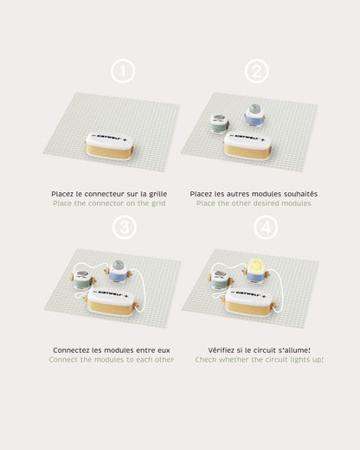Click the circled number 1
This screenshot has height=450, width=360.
coord(123,71)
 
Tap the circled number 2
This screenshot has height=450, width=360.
coord(257,71)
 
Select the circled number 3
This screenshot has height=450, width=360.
coord(124,228)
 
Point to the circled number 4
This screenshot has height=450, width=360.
coord(266,228)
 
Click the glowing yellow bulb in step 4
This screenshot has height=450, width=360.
coord(255,264)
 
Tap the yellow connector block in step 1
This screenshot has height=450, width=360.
coord(110,145)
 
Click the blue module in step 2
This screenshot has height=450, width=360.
coord(254,115)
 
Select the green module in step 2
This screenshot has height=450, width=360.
coord(220,123)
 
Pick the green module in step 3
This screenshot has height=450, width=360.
coord(83,280)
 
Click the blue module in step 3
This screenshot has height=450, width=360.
coord(118,272)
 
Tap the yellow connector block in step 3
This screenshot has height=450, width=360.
coord(112,303)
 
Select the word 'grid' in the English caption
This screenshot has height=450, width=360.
coord(158,203)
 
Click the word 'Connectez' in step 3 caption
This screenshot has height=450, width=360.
coord(71,350)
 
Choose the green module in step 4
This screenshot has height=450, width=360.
coord(221,280)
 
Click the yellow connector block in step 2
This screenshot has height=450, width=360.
coord(247,145)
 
